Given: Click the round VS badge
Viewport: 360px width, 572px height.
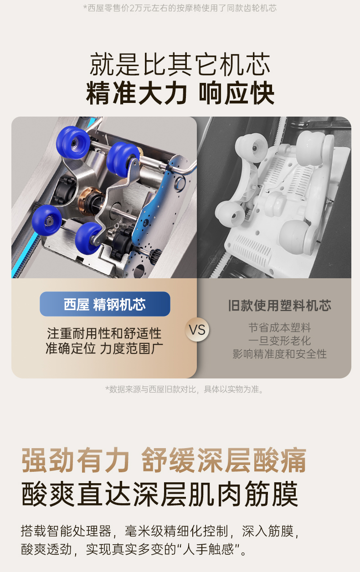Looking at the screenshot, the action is pyautogui.click(x=197, y=329).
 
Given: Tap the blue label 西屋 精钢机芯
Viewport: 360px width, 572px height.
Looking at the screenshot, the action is pyautogui.click(x=105, y=304).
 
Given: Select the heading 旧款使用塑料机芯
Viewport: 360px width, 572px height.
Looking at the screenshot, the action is pyautogui.click(x=280, y=306).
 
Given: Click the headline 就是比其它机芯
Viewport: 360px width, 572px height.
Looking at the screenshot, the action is pyautogui.click(x=180, y=64).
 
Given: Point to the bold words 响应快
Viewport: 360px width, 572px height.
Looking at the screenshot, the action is pyautogui.click(x=237, y=93).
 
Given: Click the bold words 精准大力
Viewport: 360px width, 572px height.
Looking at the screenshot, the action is pyautogui.click(x=136, y=93).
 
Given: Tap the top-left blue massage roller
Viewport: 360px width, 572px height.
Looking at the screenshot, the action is pyautogui.click(x=73, y=142).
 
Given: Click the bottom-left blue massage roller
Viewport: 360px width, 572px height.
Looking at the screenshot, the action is pyautogui.click(x=47, y=220).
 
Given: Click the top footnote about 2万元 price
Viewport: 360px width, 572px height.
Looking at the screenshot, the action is pyautogui.click(x=180, y=8).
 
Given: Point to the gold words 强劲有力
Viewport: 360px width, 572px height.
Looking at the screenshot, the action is pyautogui.click(x=75, y=460).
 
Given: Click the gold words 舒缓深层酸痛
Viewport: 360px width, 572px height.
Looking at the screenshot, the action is pyautogui.click(x=224, y=460).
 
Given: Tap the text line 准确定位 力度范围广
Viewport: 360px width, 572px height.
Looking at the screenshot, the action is pyautogui.click(x=104, y=348).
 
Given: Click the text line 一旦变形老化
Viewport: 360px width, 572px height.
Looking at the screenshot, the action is pyautogui.click(x=280, y=341).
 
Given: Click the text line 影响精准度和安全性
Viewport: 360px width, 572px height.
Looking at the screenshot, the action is pyautogui.click(x=280, y=354).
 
